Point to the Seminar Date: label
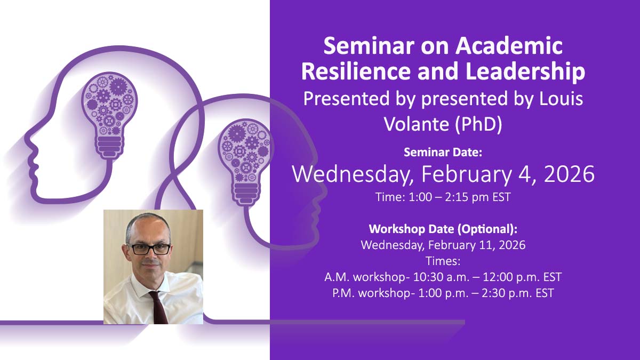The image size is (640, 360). (x=443, y=153)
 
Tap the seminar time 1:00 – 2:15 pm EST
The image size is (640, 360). (x=443, y=197)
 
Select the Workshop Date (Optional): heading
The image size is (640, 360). (x=443, y=229)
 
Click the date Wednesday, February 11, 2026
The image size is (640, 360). (x=443, y=245)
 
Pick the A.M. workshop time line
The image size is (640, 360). (x=443, y=277)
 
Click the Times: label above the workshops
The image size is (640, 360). (x=443, y=261)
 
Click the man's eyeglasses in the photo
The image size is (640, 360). (x=149, y=249)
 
